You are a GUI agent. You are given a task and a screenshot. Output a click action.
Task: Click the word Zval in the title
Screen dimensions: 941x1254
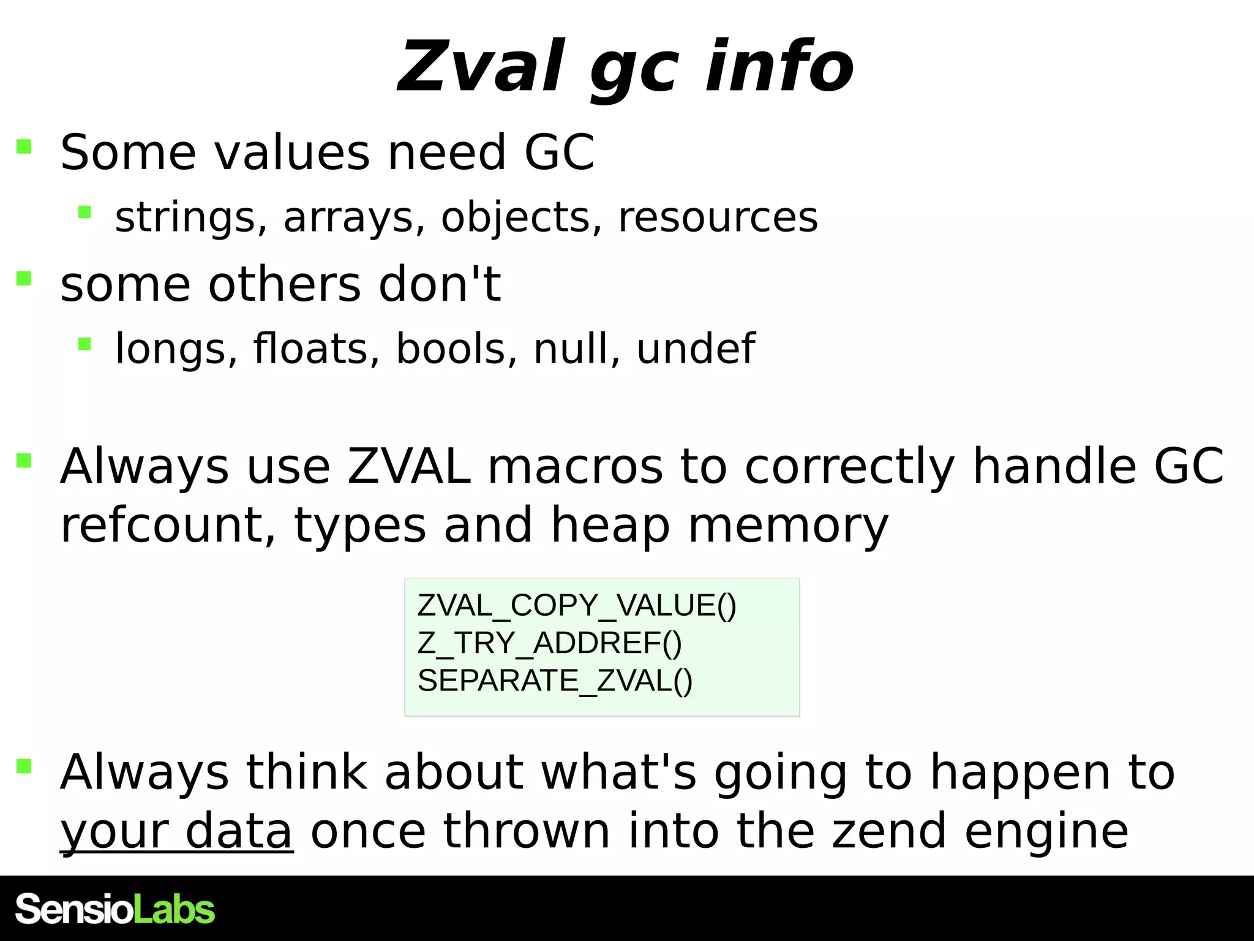481,66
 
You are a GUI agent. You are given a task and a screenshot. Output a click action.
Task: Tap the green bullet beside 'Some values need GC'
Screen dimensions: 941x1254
24,146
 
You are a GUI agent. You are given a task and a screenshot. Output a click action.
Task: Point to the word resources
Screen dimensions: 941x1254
718,217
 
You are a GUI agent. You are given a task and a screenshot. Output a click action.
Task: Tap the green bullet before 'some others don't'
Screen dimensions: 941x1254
24,279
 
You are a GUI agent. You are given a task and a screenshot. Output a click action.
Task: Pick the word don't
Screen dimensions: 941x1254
440,285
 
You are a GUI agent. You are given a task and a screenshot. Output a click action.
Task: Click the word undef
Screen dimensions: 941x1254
696,349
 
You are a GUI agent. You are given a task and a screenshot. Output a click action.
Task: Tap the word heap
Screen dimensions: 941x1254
610,526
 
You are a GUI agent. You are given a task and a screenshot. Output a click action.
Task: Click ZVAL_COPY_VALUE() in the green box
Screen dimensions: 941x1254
577,605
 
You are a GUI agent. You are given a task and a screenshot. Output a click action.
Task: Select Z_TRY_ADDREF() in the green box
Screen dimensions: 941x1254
549,643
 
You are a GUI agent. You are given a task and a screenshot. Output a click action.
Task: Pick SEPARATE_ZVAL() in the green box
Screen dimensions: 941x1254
555,681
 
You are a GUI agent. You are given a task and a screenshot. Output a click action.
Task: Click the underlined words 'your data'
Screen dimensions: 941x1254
176,831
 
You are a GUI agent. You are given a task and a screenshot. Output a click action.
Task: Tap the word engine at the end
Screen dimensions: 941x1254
1046,831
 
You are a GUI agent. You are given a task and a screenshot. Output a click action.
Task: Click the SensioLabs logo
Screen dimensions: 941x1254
115,909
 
